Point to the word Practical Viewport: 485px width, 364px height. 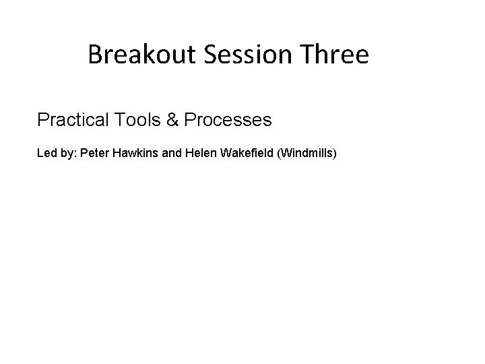pos(74,120)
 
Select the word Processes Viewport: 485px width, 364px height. pos(228,120)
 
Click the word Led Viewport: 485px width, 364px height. pos(46,154)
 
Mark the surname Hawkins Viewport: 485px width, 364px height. pos(136,154)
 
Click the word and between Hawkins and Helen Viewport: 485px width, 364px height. pos(172,154)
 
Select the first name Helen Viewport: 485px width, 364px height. pos(199,154)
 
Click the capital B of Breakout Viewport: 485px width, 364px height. pos(94,55)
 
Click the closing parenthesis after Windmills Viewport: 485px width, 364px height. pos(334,154)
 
